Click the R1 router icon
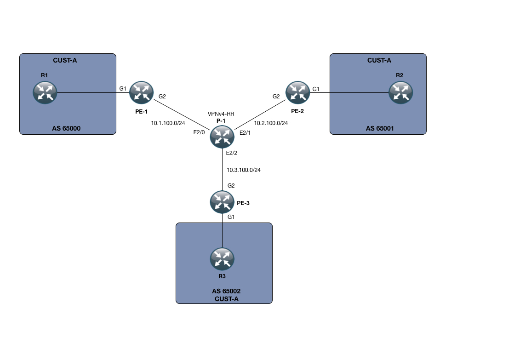pos(45,92)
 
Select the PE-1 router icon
pos(141,92)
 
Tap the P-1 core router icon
pos(222,136)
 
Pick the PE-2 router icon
pos(297,92)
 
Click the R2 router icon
pos(400,92)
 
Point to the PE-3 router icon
pos(222,201)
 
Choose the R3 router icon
pos(222,258)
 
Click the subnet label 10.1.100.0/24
pos(168,123)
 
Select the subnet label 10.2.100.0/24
pos(271,123)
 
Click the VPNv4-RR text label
pos(222,113)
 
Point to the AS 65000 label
pos(67,128)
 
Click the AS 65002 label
pos(226,291)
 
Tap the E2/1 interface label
pos(246,133)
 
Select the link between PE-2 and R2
pos(349,92)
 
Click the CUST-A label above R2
pos(379,60)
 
